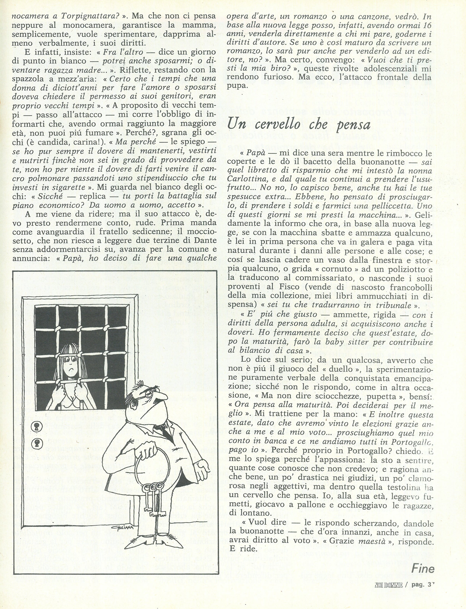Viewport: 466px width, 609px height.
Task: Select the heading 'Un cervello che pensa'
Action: click(x=299, y=125)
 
